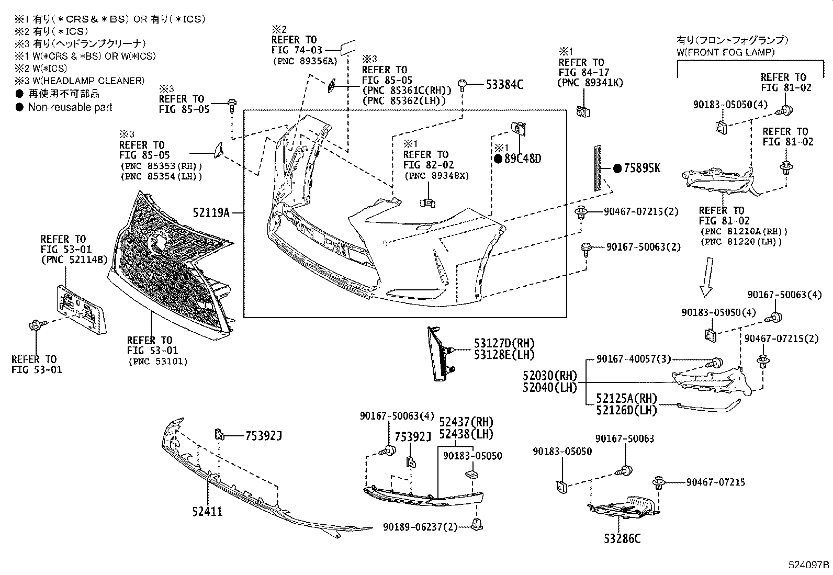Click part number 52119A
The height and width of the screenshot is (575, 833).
pyautogui.click(x=211, y=213)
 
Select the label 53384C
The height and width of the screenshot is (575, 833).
pyautogui.click(x=504, y=85)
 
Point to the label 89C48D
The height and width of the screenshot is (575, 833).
pyautogui.click(x=522, y=159)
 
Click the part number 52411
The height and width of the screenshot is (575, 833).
pyautogui.click(x=207, y=511)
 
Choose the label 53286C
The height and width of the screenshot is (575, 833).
pyautogui.click(x=622, y=538)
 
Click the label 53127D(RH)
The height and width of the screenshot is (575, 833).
pyautogui.click(x=504, y=343)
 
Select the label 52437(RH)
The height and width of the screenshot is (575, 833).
pyautogui.click(x=466, y=422)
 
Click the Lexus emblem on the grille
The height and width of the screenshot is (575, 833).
pyautogui.click(x=157, y=241)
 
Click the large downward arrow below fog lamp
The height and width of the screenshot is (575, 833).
pyautogui.click(x=707, y=277)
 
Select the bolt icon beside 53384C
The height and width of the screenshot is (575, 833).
pyautogui.click(x=463, y=85)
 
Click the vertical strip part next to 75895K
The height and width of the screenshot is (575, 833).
pyautogui.click(x=598, y=168)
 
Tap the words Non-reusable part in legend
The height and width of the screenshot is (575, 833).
pyautogui.click(x=70, y=107)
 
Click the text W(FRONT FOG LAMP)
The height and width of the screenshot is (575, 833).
pyautogui.click(x=726, y=52)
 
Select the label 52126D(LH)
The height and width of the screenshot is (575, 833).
pyautogui.click(x=626, y=410)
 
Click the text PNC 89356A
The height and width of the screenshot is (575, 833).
pyautogui.click(x=306, y=61)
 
